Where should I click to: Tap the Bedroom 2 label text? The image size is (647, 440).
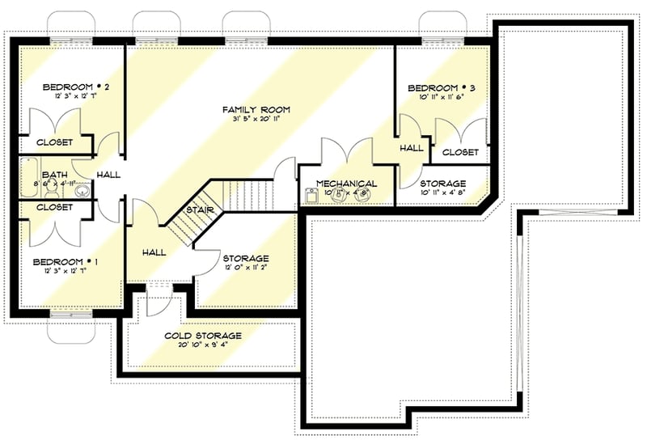point(65,87)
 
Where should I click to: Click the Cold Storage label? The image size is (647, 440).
point(203,336)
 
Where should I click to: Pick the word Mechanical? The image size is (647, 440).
point(346,184)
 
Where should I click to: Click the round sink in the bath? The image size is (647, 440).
point(82,191)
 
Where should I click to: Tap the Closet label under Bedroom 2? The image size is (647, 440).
point(54,142)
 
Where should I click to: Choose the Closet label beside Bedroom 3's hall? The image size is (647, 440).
point(460,152)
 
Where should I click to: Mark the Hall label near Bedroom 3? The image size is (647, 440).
point(412,148)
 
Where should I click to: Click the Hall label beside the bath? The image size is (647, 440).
point(108,175)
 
